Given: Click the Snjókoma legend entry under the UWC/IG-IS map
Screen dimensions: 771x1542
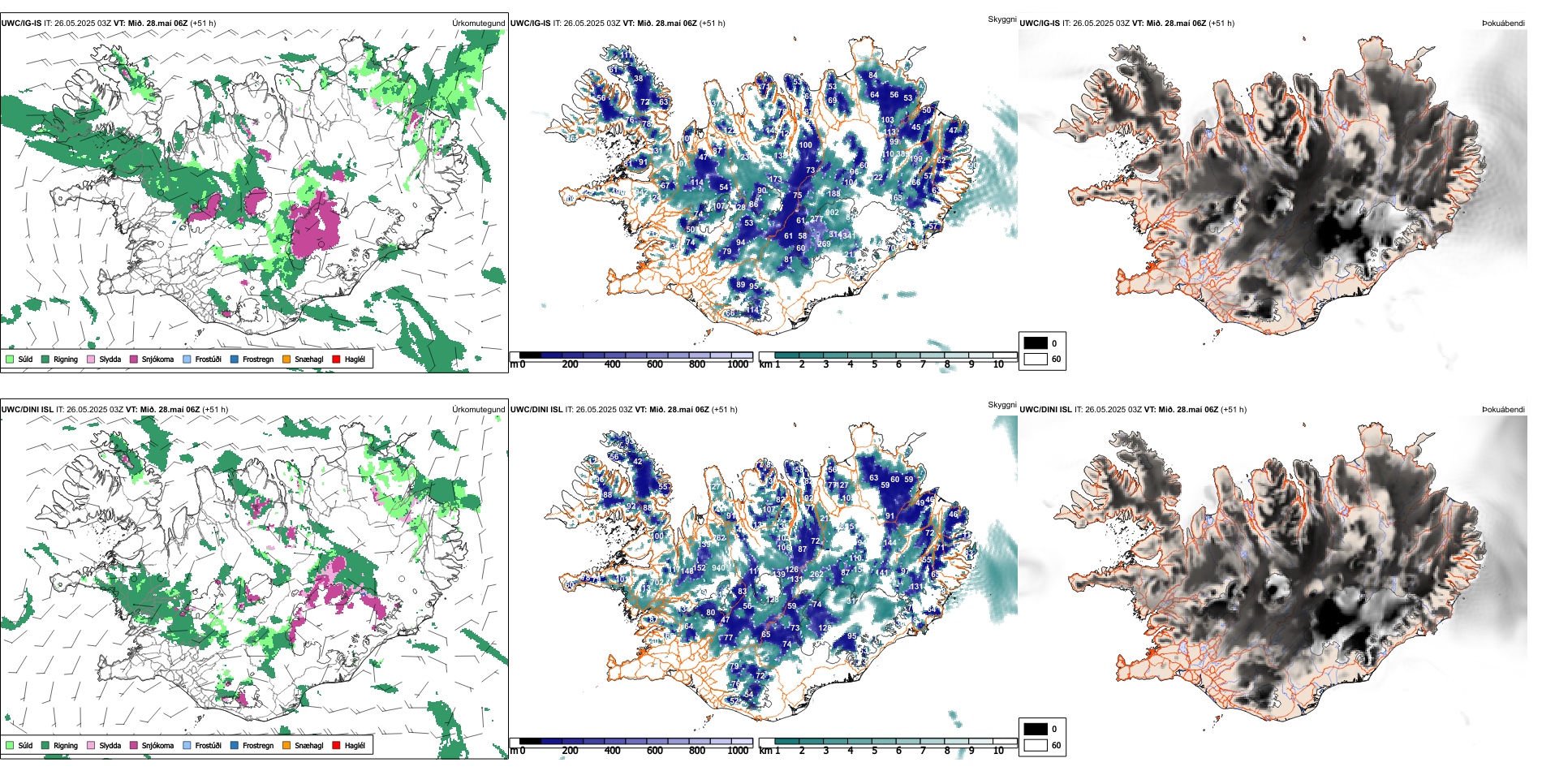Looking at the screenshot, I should click(157, 359).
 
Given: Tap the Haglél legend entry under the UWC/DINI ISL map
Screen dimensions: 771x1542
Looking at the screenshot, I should click(354, 745).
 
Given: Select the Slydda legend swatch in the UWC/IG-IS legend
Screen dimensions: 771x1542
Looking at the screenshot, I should click(91, 359).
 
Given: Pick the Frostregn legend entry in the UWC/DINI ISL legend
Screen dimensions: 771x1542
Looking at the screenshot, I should click(257, 745).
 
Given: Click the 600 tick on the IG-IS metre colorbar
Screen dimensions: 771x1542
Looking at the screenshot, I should click(655, 364).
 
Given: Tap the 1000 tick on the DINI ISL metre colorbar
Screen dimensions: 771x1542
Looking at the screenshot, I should click(738, 751).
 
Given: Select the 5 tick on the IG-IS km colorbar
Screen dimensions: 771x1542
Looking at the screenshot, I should click(874, 364).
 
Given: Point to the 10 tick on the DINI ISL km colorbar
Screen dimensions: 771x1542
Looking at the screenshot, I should click(998, 751).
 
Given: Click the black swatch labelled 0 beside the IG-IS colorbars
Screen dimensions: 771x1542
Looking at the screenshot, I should click(1036, 343).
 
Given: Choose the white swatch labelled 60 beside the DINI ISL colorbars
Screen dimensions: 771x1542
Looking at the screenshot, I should click(1036, 745).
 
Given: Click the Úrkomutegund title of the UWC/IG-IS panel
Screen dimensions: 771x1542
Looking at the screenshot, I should click(478, 24).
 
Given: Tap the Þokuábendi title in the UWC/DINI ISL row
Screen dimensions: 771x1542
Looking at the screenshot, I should click(1503, 410).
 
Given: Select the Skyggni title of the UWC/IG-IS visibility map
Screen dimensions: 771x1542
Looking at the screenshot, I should click(1001, 19).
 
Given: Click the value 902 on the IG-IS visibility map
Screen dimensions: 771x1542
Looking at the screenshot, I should click(833, 213).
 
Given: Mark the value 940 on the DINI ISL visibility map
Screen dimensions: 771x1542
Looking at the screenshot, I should click(718, 568).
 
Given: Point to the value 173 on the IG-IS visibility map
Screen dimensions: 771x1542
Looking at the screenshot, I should click(775, 179).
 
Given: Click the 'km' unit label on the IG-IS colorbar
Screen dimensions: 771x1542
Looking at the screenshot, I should click(765, 364).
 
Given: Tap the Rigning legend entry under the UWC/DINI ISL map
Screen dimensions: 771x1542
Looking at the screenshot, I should click(65, 745).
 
